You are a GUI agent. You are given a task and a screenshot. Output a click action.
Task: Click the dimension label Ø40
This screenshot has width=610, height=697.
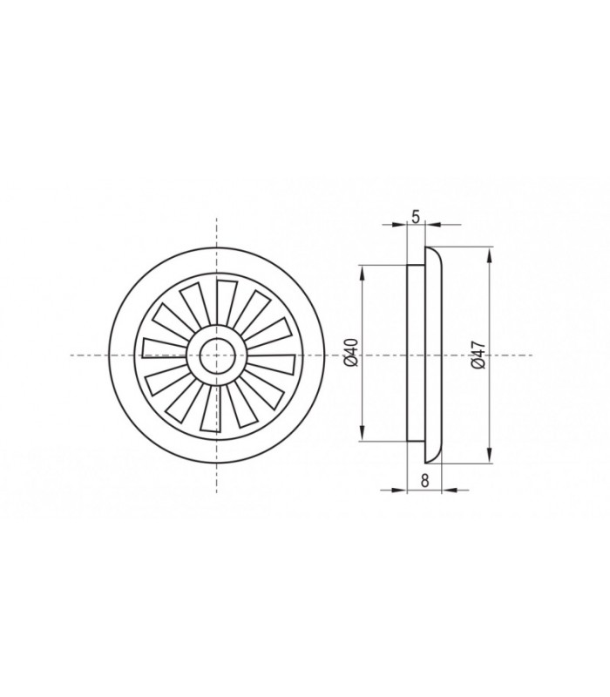click(351, 353)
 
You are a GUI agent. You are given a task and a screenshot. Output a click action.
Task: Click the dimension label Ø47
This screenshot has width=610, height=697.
click(478, 355)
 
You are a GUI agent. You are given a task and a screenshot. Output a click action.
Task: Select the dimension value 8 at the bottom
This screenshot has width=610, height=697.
click(424, 481)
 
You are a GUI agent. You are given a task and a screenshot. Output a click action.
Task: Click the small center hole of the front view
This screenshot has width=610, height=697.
click(216, 355)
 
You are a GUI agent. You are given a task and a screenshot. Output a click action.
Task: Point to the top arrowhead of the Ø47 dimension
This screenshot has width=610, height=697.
click(491, 257)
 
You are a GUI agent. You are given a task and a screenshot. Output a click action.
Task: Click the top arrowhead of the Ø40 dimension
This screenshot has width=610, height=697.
click(363, 275)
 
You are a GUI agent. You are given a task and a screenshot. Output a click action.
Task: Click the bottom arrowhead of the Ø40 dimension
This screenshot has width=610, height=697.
click(363, 432)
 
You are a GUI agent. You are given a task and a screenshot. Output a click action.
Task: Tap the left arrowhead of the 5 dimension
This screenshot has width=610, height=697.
click(398, 225)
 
